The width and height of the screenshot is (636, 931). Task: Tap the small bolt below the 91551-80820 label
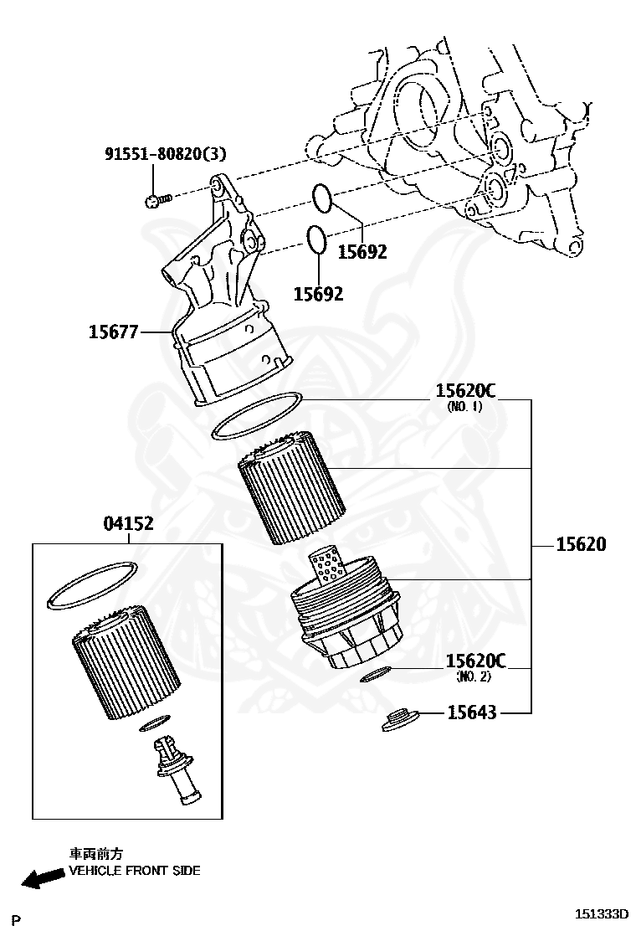coord(156,199)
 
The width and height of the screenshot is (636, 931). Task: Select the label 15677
coord(113,332)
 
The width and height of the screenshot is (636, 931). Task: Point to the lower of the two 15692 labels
coord(318,294)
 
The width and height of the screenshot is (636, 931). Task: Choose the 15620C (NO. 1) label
coord(465,392)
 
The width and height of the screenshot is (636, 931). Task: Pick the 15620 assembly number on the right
coord(581,544)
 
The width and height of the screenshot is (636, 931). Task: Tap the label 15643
coord(471,712)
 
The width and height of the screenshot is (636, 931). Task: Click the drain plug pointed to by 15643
coord(400,719)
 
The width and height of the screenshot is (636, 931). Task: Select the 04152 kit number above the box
coord(128,524)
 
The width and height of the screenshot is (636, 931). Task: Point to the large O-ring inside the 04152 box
coord(92,586)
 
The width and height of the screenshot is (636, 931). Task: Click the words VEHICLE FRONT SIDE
coord(134,871)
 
